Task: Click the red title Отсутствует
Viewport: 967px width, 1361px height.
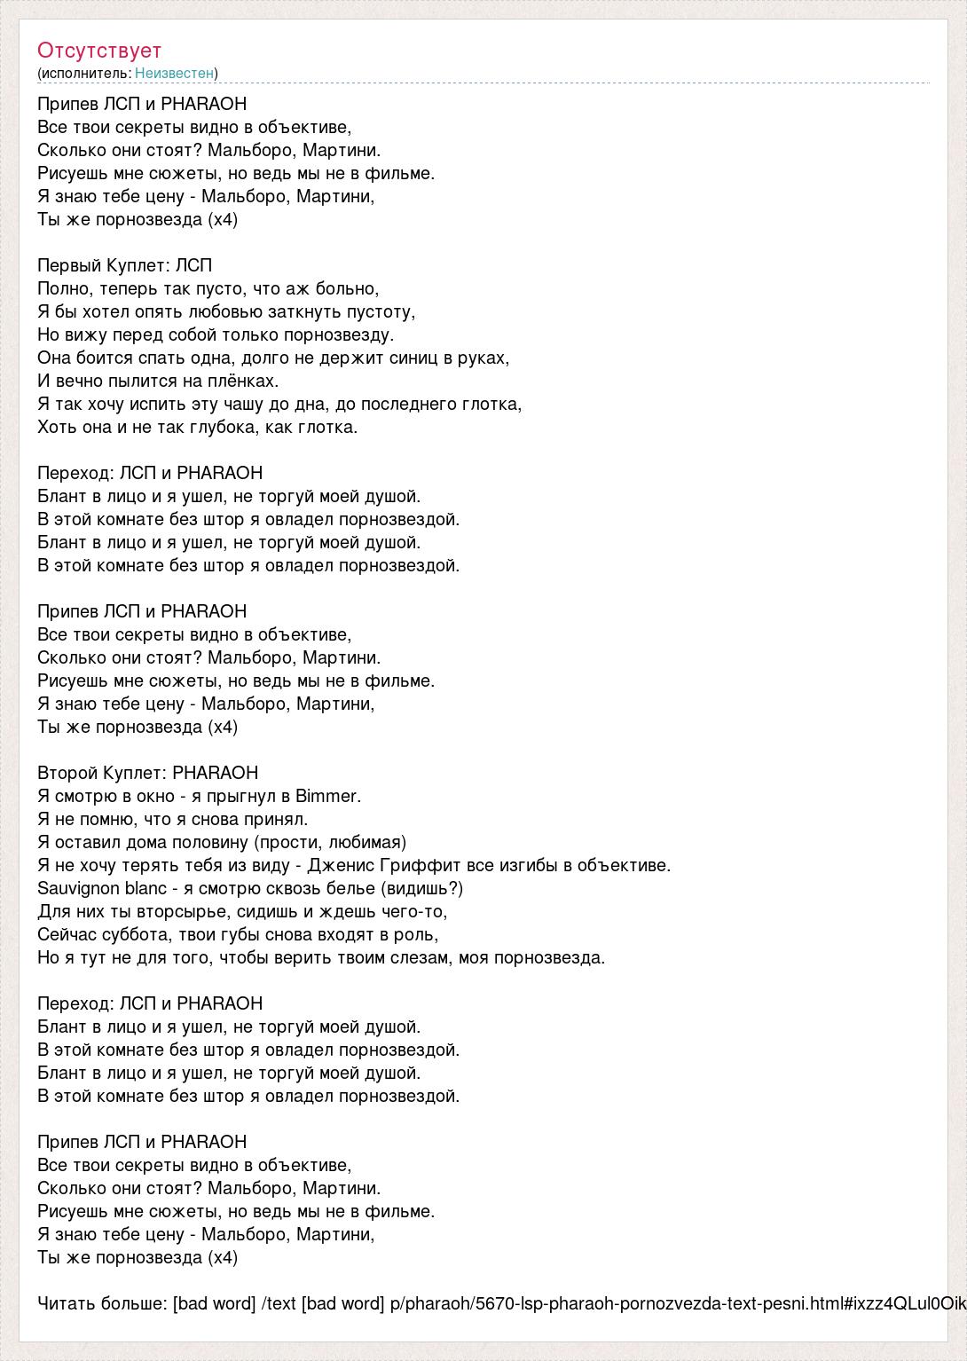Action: click(x=99, y=51)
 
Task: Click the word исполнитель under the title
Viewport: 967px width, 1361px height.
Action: click(x=83, y=73)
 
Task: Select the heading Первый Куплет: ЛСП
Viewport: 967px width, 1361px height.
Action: click(x=125, y=265)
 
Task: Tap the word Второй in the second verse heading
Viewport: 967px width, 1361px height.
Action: click(x=67, y=773)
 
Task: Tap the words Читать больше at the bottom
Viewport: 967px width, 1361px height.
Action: click(x=101, y=1303)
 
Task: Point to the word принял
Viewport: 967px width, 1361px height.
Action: click(x=276, y=819)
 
